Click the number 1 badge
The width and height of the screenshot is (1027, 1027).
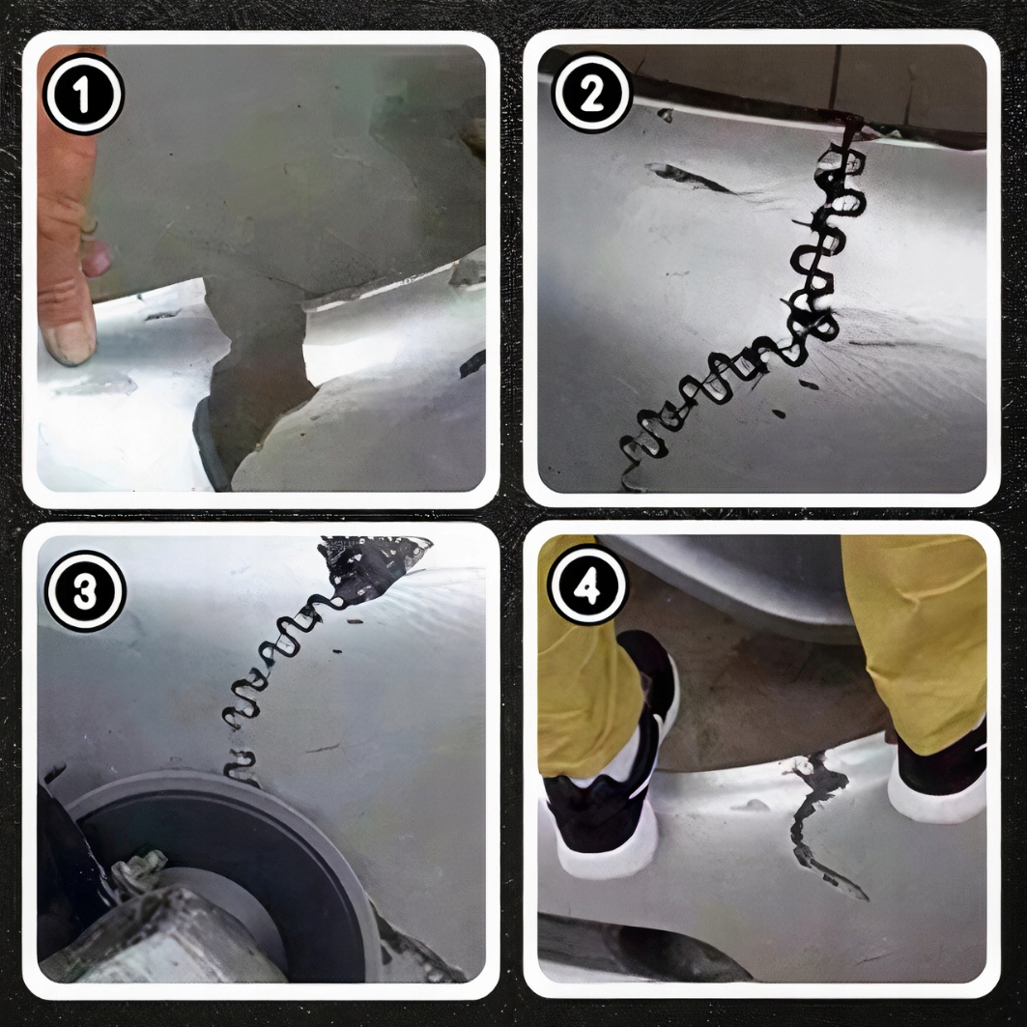(84, 95)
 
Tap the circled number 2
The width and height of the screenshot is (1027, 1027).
(590, 95)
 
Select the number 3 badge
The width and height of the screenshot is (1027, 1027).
(84, 590)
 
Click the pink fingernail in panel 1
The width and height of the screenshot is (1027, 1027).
(97, 259)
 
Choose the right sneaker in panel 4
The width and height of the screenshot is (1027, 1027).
(937, 783)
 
